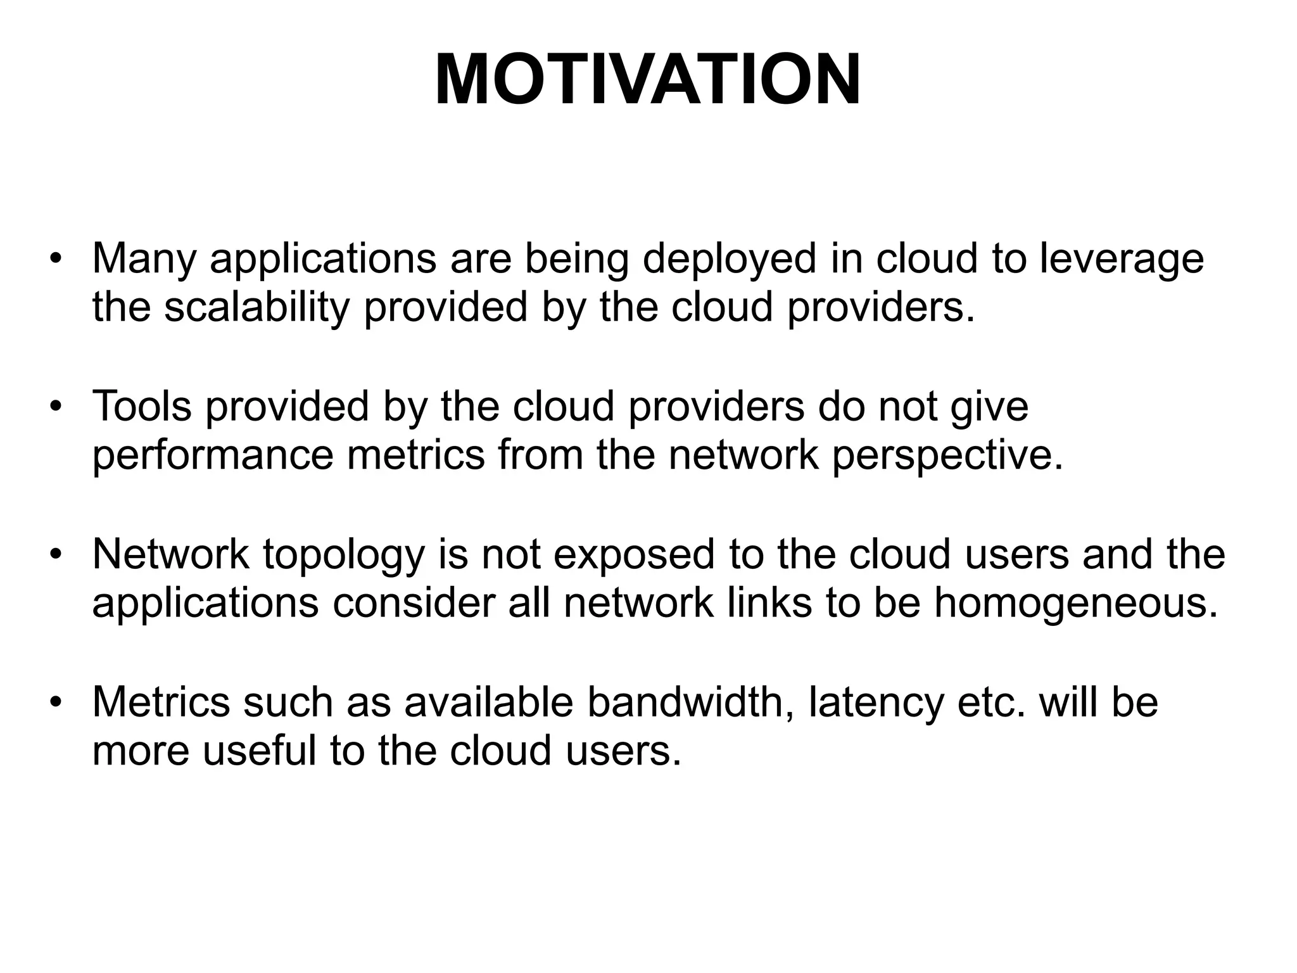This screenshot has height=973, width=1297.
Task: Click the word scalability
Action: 256,307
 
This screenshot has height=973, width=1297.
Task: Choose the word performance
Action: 212,455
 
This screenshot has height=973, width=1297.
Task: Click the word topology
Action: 344,554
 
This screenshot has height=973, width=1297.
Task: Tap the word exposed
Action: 634,554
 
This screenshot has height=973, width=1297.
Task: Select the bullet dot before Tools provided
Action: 56,406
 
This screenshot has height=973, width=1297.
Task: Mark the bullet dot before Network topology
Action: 56,554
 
